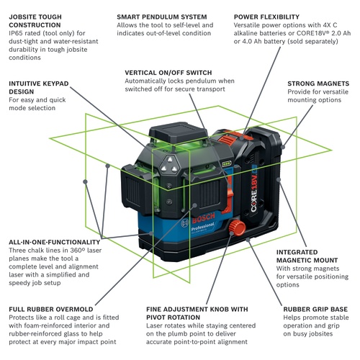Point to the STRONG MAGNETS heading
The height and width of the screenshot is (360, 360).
pos(317,84)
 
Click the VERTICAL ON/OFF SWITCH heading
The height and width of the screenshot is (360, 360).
pos(171,73)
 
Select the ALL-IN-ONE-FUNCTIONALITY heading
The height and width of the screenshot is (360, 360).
pos(54,242)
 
